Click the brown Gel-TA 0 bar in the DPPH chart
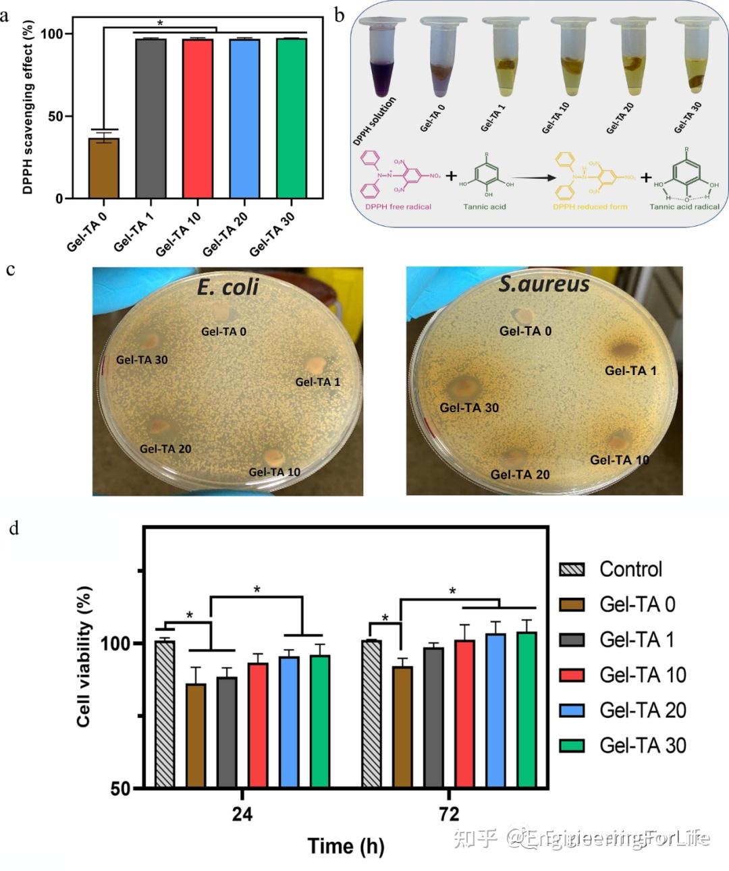(x=104, y=168)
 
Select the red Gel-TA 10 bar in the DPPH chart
(x=198, y=118)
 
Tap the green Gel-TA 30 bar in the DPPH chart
(x=292, y=118)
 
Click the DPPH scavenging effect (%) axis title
(x=28, y=108)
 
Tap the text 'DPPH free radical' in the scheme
(x=398, y=206)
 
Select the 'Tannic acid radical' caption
(x=684, y=206)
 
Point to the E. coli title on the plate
(x=227, y=287)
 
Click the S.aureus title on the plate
(x=544, y=284)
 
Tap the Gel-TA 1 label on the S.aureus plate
(x=630, y=370)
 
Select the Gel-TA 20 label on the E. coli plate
(x=165, y=449)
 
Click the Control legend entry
(x=630, y=569)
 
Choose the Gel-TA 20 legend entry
(x=643, y=710)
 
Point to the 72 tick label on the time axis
(x=449, y=814)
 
